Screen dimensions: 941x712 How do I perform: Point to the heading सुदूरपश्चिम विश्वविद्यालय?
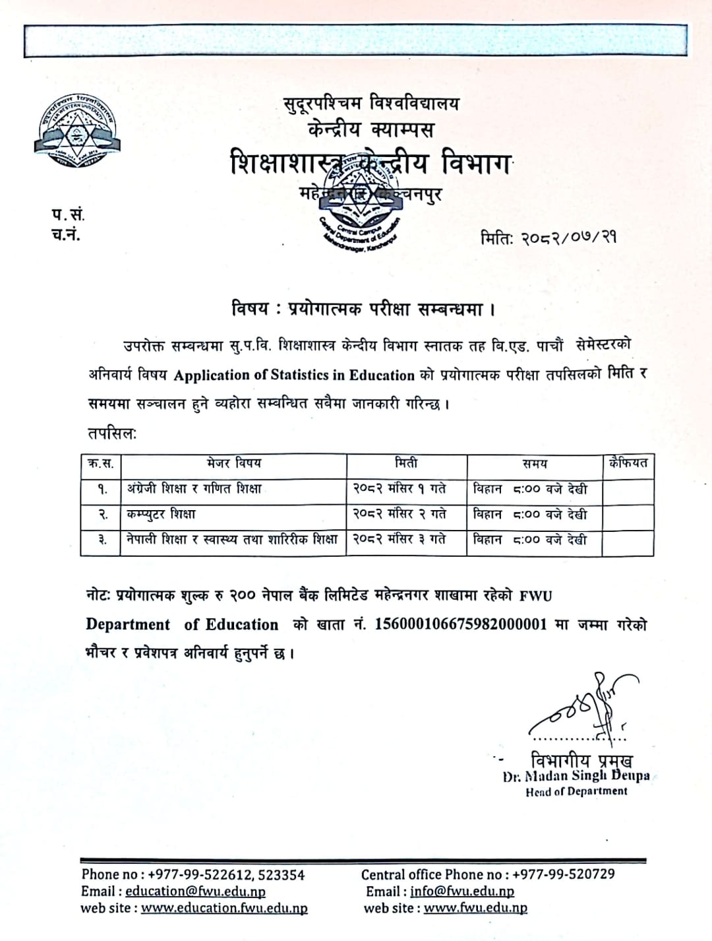click(372, 103)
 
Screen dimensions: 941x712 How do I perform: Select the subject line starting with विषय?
click(363, 308)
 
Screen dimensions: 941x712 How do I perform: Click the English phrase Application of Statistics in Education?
click(294, 375)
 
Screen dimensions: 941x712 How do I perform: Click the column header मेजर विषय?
click(233, 464)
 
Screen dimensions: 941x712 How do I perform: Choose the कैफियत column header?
click(628, 463)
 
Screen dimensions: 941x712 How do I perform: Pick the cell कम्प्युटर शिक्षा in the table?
click(162, 514)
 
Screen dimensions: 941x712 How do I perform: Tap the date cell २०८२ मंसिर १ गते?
click(400, 489)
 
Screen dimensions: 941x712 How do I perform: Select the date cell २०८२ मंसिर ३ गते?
click(400, 539)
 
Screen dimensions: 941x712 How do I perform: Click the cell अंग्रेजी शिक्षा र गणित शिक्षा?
click(194, 489)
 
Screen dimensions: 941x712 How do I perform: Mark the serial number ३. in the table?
click(102, 540)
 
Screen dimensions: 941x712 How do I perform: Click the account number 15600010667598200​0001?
click(461, 624)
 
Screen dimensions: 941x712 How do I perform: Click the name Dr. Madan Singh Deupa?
click(576, 776)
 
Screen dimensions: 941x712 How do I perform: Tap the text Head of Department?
click(576, 791)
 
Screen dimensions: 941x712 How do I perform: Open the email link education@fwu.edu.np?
click(195, 892)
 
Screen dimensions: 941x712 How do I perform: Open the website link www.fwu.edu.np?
click(475, 908)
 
